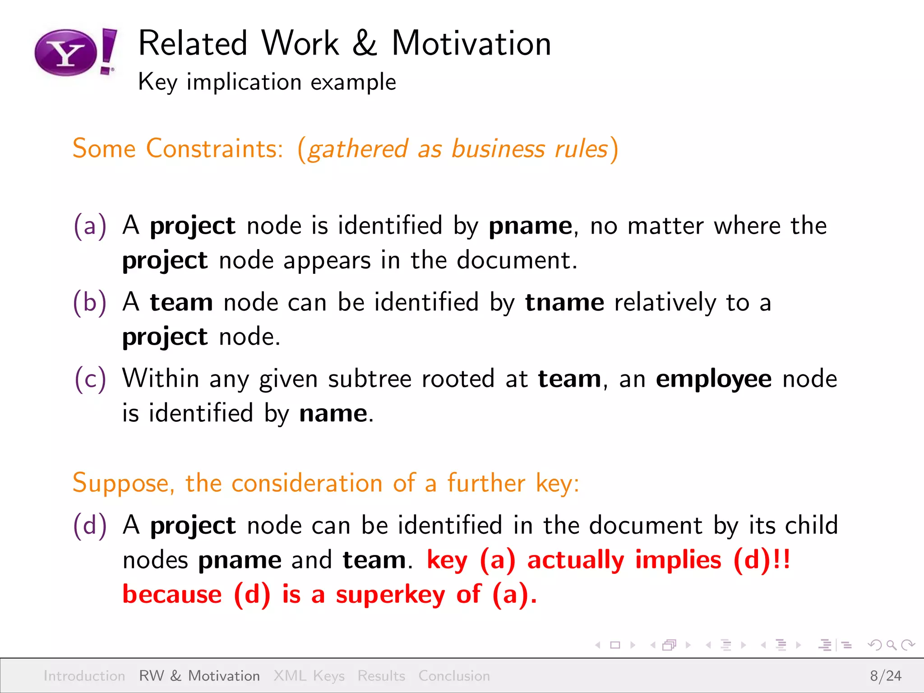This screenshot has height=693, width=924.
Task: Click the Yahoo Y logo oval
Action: pyautogui.click(x=66, y=53)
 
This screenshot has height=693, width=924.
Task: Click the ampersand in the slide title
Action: pyautogui.click(x=365, y=44)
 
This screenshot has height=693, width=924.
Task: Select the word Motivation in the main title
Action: pyautogui.click(x=471, y=44)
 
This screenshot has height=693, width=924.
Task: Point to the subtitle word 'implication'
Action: pyautogui.click(x=244, y=82)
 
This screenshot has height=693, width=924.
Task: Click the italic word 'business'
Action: pyautogui.click(x=498, y=149)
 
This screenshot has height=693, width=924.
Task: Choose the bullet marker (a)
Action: pyautogui.click(x=90, y=225)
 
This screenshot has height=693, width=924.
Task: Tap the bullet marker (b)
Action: pyautogui.click(x=90, y=302)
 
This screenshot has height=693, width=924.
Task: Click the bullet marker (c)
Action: pyautogui.click(x=90, y=379)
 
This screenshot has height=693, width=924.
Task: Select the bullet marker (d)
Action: pyautogui.click(x=90, y=525)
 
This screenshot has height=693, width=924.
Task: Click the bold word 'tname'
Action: pyautogui.click(x=564, y=302)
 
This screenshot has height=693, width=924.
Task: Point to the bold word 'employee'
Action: pyautogui.click(x=713, y=379)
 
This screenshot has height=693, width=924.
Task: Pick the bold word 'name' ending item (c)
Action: pyautogui.click(x=333, y=413)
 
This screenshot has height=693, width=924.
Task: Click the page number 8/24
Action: pyautogui.click(x=885, y=676)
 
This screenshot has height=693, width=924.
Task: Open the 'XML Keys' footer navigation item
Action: pyautogui.click(x=309, y=676)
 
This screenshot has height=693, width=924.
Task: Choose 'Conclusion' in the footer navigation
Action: pyautogui.click(x=454, y=676)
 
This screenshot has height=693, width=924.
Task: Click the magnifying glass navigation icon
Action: pyautogui.click(x=891, y=645)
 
